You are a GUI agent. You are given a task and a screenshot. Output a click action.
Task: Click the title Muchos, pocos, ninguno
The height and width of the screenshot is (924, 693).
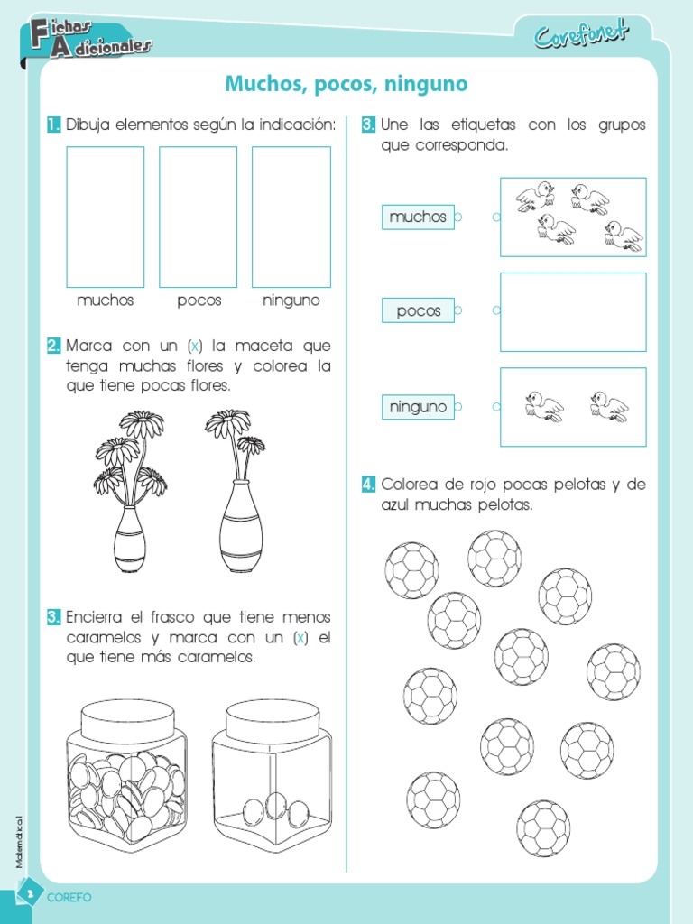pos(346,85)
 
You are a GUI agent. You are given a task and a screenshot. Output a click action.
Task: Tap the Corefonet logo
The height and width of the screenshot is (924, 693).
pos(582,34)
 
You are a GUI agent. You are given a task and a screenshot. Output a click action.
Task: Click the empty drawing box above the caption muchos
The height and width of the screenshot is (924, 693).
pos(106,217)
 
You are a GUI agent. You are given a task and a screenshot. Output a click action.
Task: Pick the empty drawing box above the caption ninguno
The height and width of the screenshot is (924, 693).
pos(291,217)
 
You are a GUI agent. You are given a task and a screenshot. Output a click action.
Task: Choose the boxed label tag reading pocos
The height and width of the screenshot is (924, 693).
pos(418,310)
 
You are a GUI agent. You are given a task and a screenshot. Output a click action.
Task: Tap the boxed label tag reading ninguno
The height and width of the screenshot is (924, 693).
pos(418,407)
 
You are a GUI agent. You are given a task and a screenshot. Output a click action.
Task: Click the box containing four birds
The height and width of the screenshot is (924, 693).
pos(573,217)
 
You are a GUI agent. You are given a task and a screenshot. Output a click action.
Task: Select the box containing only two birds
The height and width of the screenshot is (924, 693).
pos(573,407)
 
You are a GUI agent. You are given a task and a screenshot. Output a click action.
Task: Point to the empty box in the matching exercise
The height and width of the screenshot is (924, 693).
pos(573,311)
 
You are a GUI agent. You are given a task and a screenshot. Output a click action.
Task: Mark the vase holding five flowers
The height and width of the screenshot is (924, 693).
pos(130,492)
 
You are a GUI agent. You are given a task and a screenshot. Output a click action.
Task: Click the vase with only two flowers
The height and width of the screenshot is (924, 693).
pos(240,492)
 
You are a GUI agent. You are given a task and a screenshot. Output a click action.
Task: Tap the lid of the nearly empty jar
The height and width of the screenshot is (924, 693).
pos(272,718)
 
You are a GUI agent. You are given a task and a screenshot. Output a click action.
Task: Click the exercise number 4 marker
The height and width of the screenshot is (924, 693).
pos(368,485)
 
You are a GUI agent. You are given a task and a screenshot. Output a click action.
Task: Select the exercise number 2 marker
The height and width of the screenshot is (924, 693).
pos(53,346)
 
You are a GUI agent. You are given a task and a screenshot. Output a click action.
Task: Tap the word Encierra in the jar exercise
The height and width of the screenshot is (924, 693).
pos(94,617)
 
